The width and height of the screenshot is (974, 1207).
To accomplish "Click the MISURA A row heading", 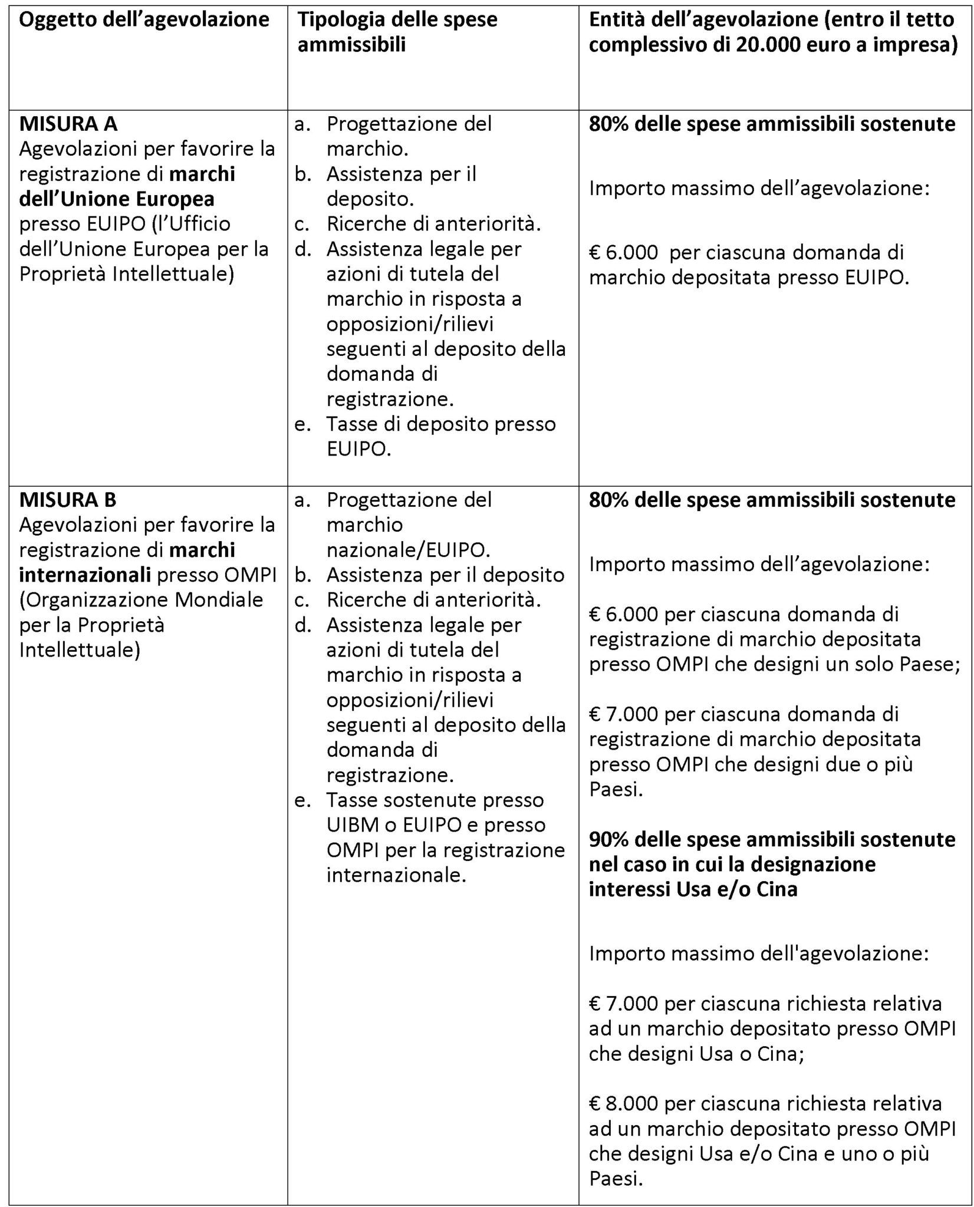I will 68,124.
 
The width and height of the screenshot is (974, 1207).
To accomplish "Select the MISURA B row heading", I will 68,500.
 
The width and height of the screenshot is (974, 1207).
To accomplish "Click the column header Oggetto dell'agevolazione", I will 144,19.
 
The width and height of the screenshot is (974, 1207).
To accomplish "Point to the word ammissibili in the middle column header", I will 351,45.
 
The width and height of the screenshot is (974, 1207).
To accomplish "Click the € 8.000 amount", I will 623,1103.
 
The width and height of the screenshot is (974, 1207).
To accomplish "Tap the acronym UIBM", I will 353,825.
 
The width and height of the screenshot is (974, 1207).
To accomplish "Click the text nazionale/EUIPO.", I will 408,550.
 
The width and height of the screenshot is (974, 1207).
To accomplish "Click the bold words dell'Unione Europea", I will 117,199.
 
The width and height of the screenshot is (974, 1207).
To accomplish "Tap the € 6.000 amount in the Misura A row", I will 623,252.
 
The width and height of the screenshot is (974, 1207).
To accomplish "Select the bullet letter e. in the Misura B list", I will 303,800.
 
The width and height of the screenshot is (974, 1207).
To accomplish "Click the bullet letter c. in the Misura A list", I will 303,225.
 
